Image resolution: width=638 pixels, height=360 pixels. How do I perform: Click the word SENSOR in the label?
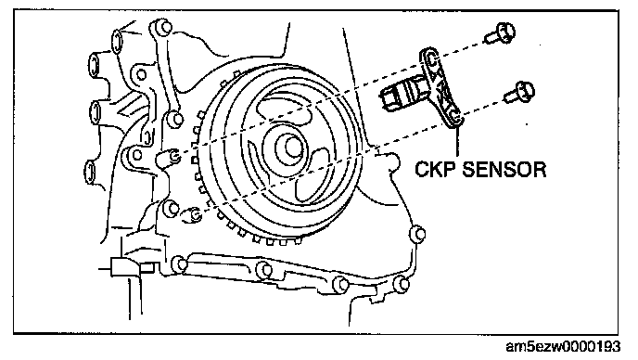coord(504,169)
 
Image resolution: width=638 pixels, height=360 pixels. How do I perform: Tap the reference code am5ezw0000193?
coord(563,347)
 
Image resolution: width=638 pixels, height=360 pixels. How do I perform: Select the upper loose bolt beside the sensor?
coord(500,33)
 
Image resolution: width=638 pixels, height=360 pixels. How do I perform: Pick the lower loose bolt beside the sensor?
coord(519,93)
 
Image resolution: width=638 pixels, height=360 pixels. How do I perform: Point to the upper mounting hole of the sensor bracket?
coord(429,58)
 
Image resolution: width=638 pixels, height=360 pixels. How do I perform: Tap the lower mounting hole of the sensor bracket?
coord(456,118)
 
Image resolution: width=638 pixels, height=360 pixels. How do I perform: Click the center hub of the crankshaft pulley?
coord(291,147)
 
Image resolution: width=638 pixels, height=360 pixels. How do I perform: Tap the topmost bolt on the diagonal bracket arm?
coord(162,29)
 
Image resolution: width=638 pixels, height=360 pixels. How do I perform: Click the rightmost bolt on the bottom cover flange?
coord(402,283)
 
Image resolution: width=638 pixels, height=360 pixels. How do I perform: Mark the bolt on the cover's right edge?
coord(418,234)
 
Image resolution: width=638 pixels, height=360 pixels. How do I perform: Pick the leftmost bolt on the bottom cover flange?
coord(180,264)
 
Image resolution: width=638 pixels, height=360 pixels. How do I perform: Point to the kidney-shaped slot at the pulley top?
coord(286,107)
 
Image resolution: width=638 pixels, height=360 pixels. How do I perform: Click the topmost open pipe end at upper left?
coord(117,42)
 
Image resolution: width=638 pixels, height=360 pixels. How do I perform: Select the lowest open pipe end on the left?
coord(91,172)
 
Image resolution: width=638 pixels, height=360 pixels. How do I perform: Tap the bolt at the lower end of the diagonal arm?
coord(176,120)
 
